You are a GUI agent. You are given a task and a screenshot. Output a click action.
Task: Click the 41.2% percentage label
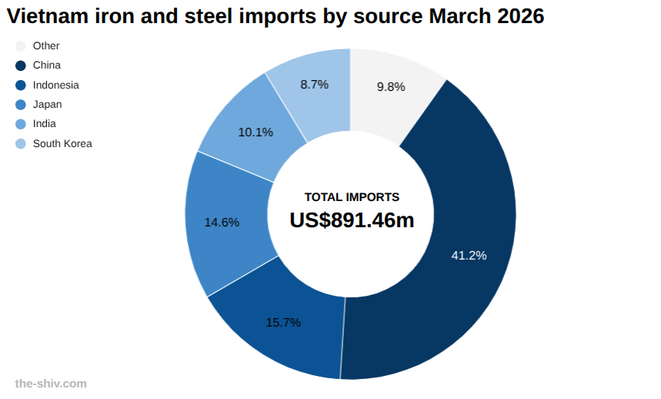point(469,255)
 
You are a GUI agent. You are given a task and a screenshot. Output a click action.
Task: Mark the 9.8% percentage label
point(391,87)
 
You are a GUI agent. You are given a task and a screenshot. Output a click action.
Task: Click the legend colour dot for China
point(21,65)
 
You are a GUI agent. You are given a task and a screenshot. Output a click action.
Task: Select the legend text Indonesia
point(55,85)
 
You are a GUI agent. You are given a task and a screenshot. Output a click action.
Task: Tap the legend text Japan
point(47,104)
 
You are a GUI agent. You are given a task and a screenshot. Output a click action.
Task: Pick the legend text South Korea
point(62,143)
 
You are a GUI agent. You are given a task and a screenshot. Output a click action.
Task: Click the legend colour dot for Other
point(21,46)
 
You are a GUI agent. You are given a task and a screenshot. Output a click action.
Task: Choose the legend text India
point(44,123)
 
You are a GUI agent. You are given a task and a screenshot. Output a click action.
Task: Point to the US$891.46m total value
point(352,220)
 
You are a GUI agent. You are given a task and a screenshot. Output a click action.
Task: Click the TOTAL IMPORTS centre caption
point(352,197)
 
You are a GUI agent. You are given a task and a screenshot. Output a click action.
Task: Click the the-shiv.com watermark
point(51,383)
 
